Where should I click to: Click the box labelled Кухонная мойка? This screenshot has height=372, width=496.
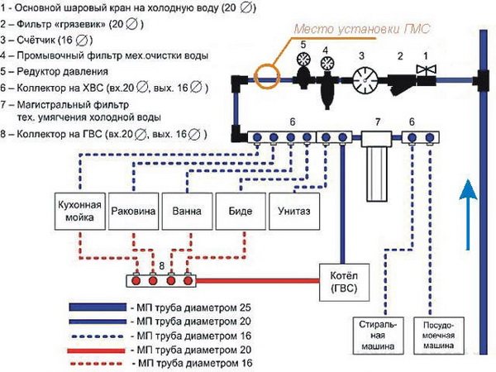coord(79,211)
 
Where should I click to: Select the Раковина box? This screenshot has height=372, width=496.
coord(133,211)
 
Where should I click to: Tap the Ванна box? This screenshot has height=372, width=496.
coord(187,211)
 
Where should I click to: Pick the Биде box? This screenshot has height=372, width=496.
coord(241,211)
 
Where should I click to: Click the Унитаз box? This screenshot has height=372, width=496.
coord(293,211)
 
